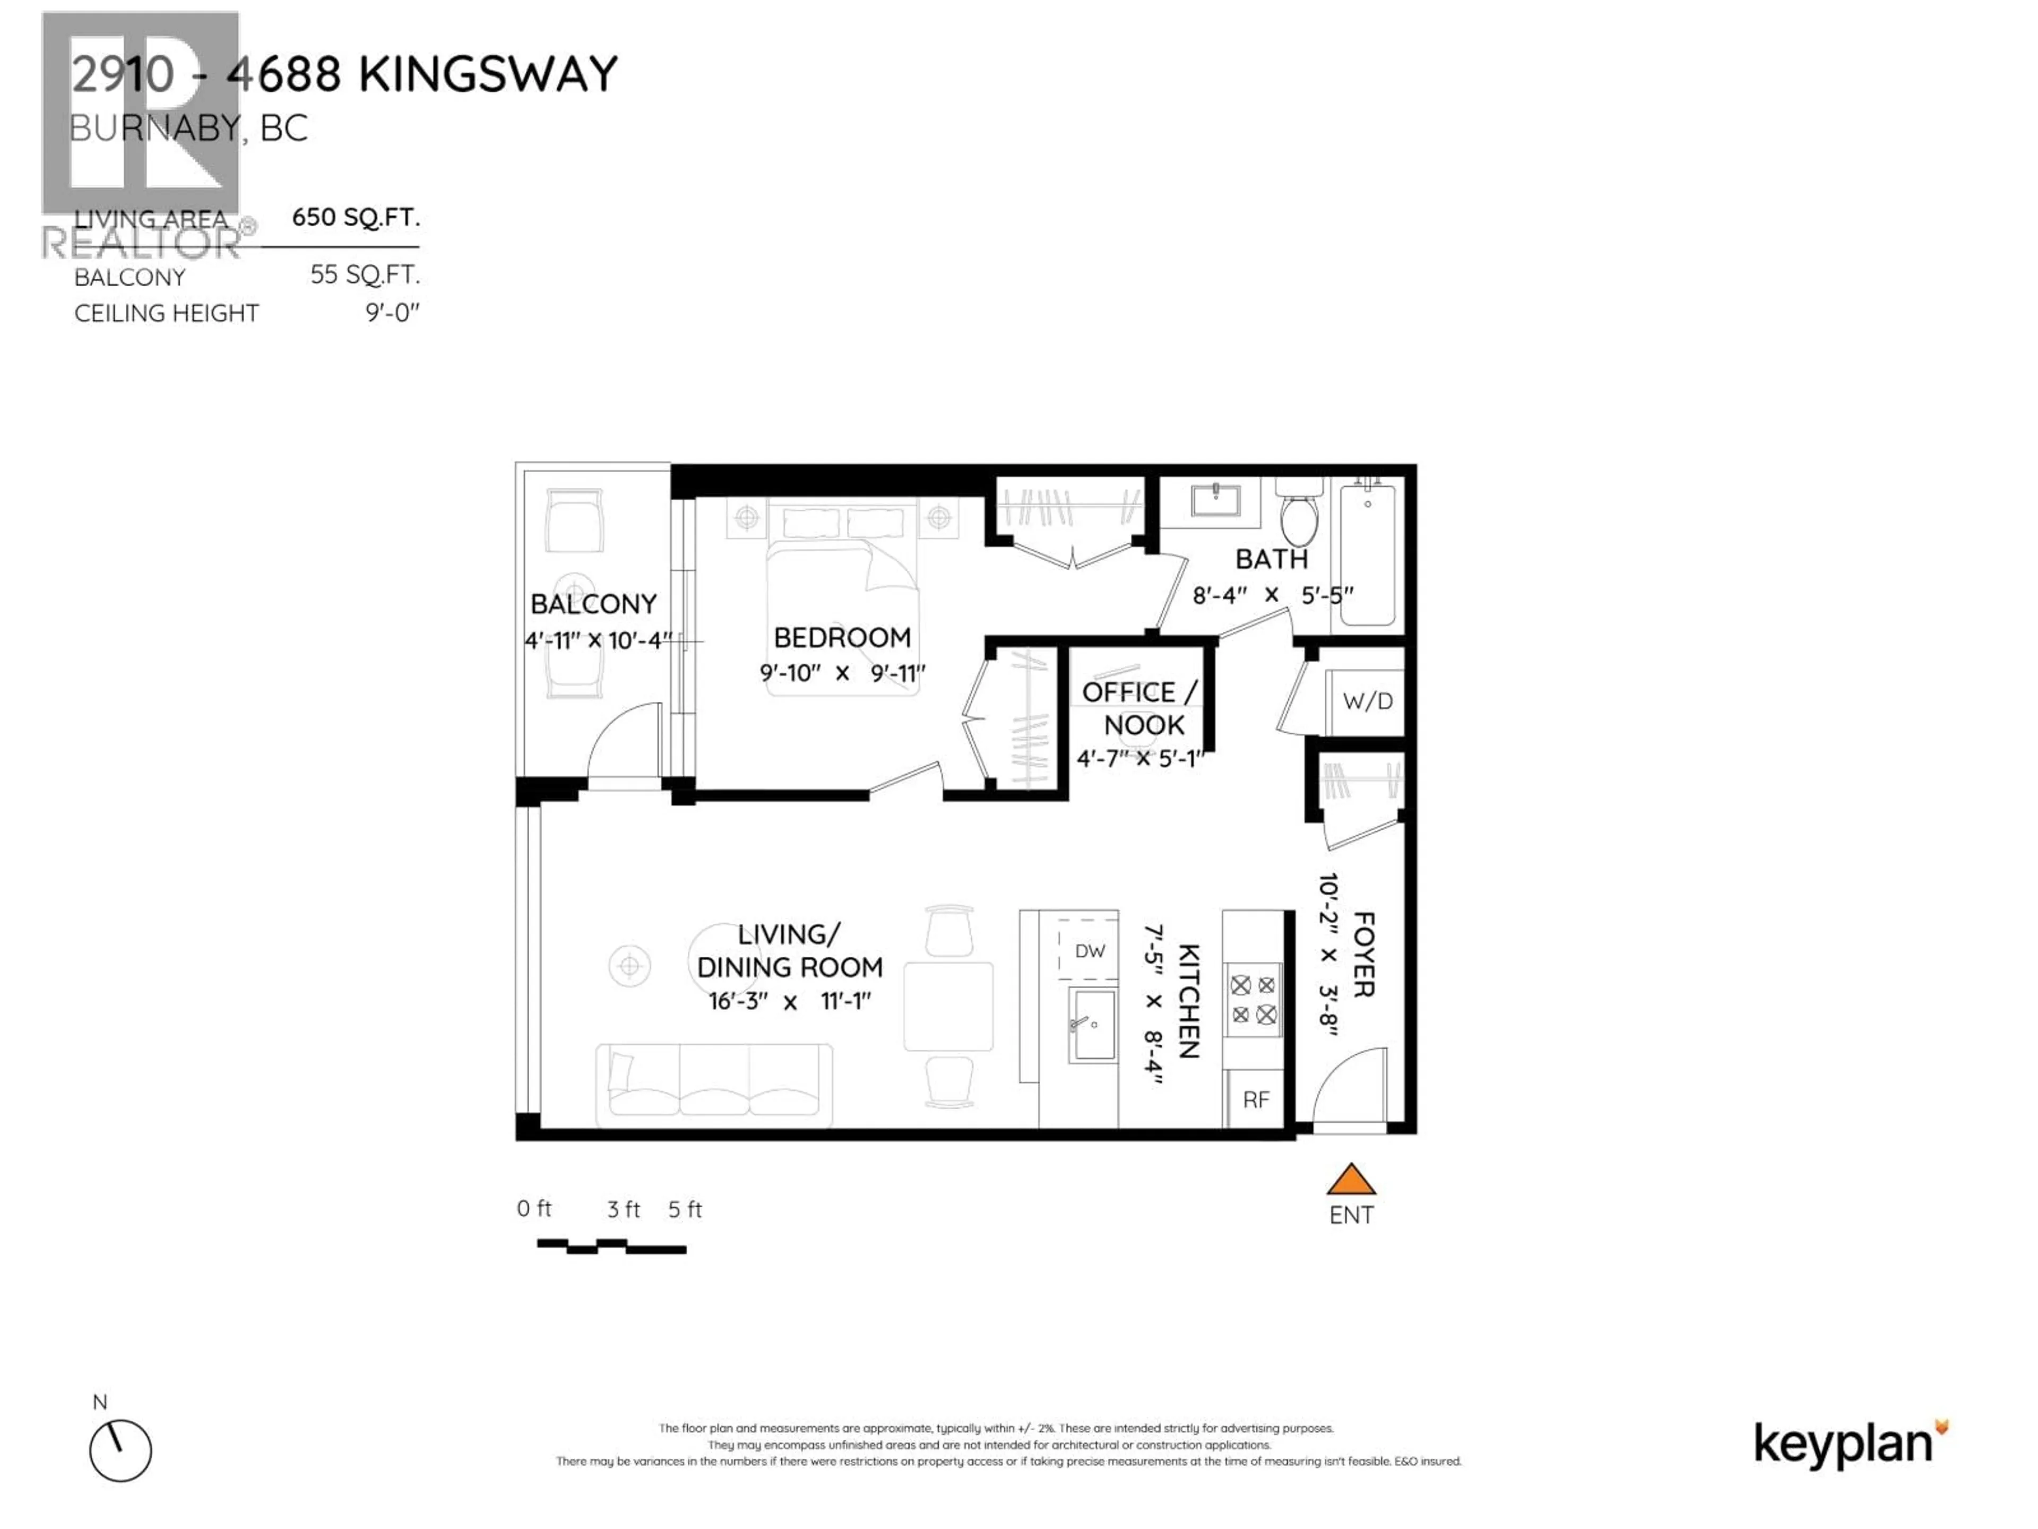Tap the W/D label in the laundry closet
1367,701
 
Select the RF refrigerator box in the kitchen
1256,1099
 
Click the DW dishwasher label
1090,951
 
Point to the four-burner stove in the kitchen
1253,1000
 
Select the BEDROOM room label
842,638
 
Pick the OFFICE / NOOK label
1141,708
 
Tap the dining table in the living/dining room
948,1007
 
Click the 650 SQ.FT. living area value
356,218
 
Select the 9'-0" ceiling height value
393,313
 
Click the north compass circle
120,1450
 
